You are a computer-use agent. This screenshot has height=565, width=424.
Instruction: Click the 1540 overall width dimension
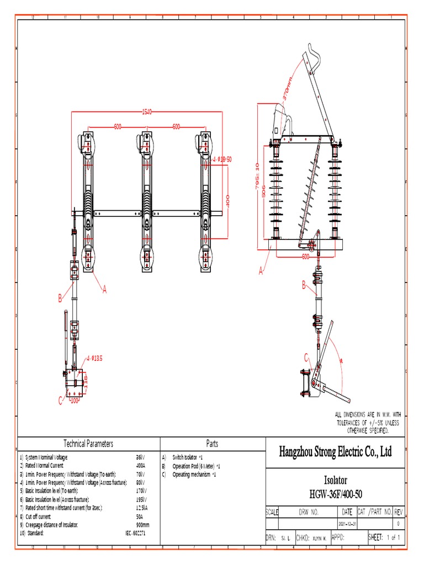click(147, 112)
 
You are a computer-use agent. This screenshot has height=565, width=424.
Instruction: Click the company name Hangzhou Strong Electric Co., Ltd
click(336, 452)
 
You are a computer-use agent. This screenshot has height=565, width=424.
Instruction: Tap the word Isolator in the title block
click(336, 480)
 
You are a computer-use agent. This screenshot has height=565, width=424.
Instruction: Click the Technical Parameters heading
click(88, 444)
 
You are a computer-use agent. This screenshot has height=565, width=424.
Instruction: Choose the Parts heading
click(212, 444)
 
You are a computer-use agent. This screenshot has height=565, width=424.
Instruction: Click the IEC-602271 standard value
click(135, 534)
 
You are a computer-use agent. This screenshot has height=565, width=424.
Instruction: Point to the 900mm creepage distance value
click(142, 525)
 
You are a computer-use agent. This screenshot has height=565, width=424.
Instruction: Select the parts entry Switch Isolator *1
click(188, 457)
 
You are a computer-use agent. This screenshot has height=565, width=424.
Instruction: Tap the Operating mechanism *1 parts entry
click(194, 475)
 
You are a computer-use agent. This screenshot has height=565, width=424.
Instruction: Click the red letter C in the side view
click(306, 358)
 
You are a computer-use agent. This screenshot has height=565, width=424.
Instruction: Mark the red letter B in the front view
click(61, 299)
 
